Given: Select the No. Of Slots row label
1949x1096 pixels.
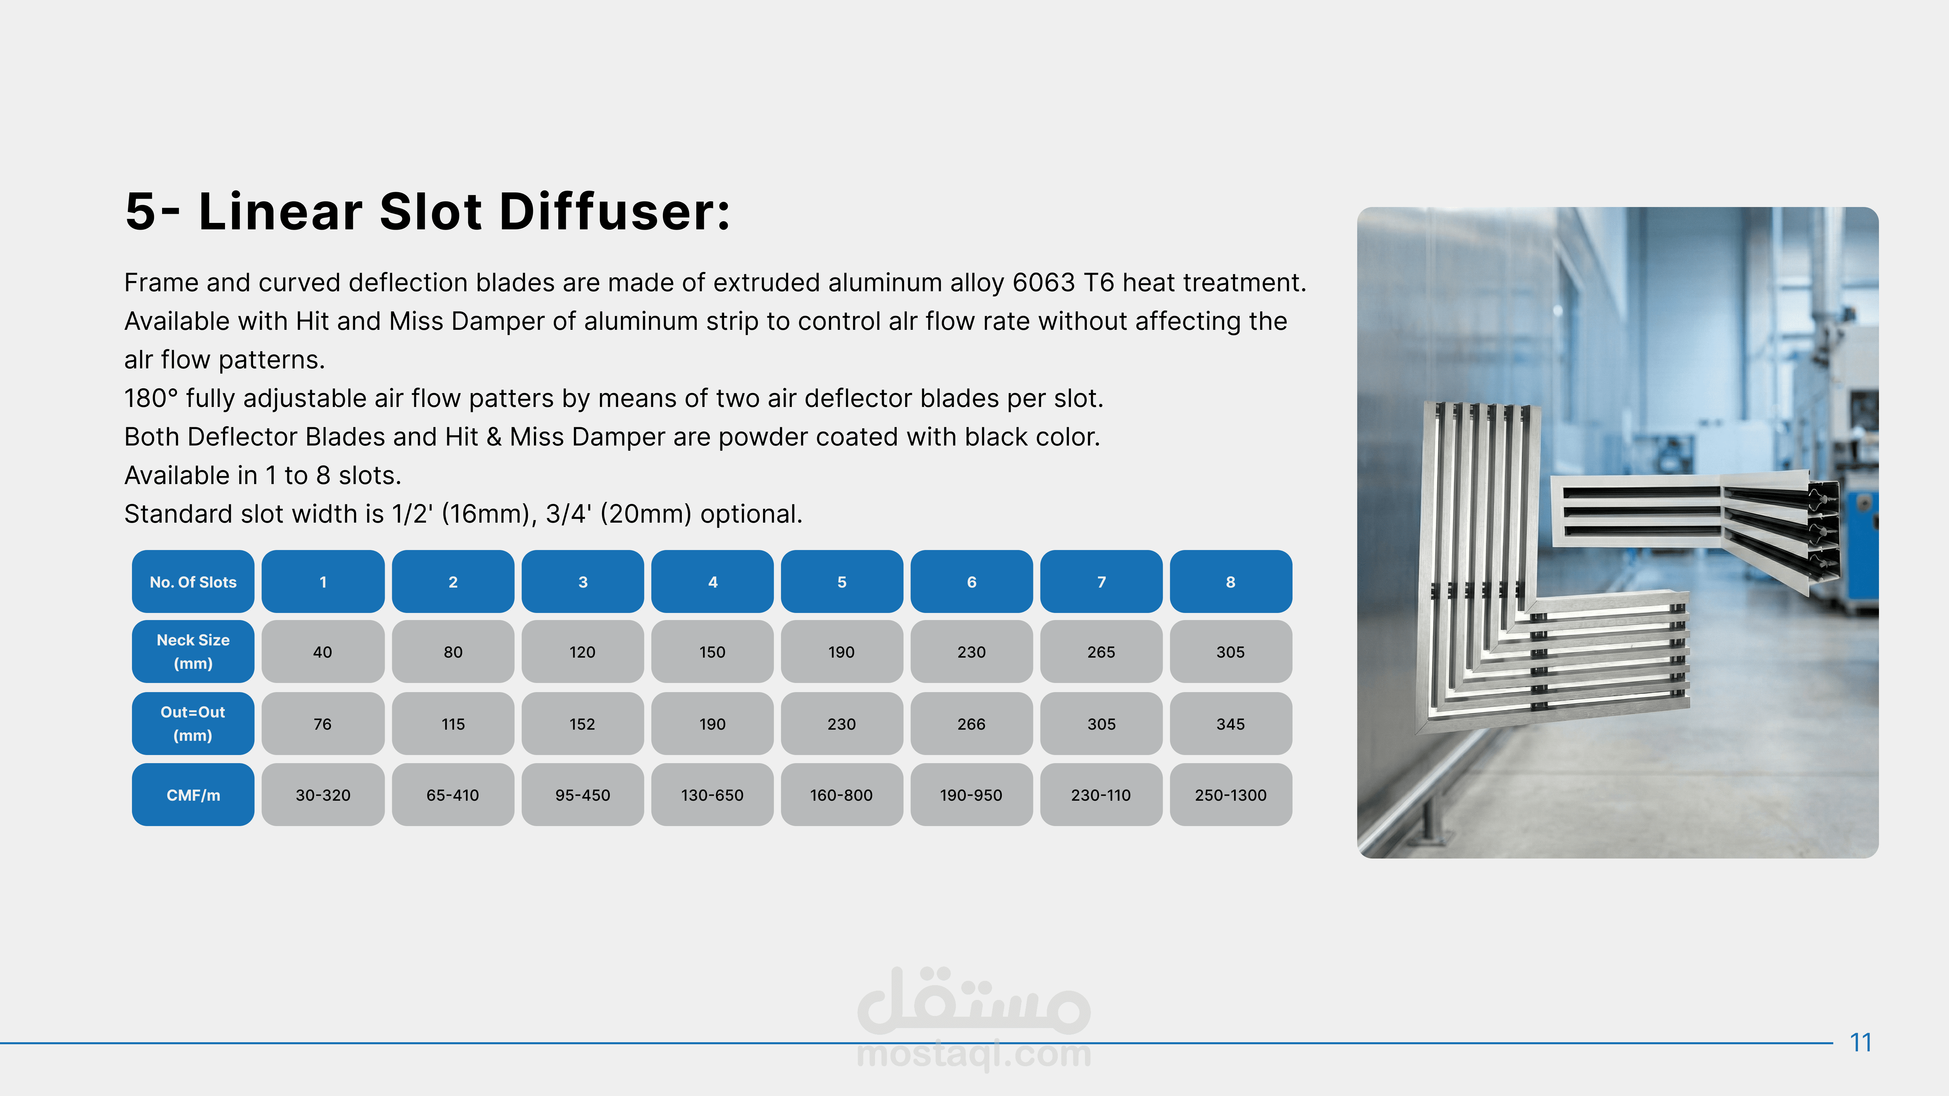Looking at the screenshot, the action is [x=193, y=582].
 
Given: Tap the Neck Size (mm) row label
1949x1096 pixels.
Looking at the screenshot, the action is [x=193, y=651].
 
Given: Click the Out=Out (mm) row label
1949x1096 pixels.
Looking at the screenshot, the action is [x=193, y=723].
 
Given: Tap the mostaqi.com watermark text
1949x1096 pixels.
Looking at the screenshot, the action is [x=974, y=1054].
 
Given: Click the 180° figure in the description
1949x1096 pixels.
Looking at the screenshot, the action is [x=151, y=398].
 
